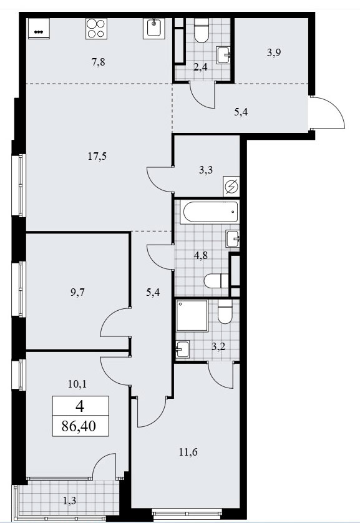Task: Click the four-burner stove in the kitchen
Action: pos(96,28)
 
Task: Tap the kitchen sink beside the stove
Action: pos(154,28)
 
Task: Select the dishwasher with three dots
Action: pos(39,28)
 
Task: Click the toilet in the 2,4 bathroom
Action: pos(202,30)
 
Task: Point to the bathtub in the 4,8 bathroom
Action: pos(210,212)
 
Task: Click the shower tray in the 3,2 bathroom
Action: pos(192,316)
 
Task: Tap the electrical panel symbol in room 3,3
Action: pos(231,187)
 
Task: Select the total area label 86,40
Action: pos(79,426)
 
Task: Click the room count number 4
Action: pos(80,406)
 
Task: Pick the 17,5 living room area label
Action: pos(97,156)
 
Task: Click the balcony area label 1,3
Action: pos(69,501)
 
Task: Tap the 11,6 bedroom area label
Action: pos(188,452)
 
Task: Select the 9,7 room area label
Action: pos(77,292)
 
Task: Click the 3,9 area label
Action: pos(274,52)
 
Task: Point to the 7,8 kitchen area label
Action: pos(99,62)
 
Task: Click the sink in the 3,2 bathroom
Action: pos(183,349)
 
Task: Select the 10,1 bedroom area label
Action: pos(77,384)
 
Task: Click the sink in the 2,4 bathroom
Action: pos(223,55)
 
